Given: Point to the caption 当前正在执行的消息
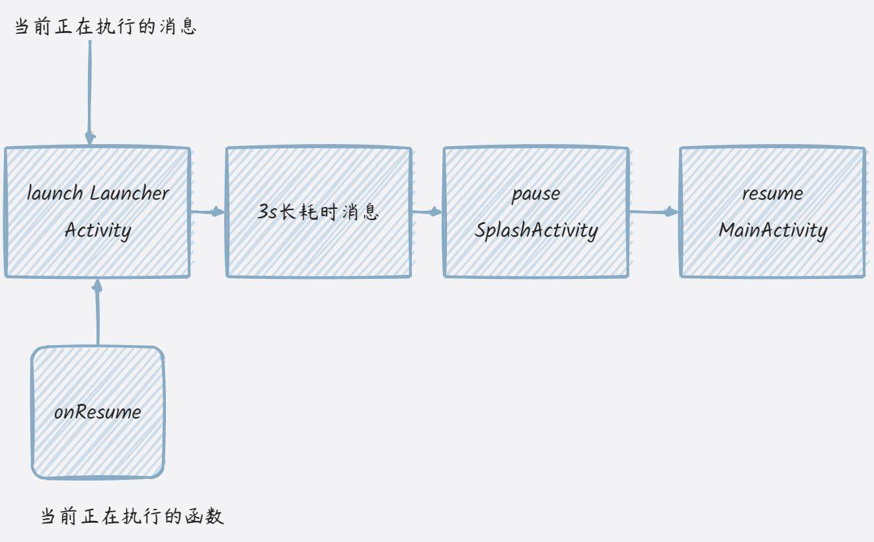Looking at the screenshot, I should (106, 27).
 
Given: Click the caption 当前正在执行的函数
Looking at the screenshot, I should (133, 516).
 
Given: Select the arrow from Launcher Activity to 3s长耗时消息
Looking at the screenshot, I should (208, 212).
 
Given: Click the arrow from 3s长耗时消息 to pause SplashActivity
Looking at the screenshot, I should (427, 212).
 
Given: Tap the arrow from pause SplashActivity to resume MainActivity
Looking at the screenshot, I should (654, 212).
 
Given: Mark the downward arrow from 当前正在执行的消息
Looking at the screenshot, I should (90, 93).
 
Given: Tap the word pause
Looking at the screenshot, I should (536, 194).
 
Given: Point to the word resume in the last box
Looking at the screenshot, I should (772, 194).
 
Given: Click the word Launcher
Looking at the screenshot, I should (130, 194).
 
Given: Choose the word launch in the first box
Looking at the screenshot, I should (55, 194).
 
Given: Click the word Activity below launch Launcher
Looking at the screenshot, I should (98, 230).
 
